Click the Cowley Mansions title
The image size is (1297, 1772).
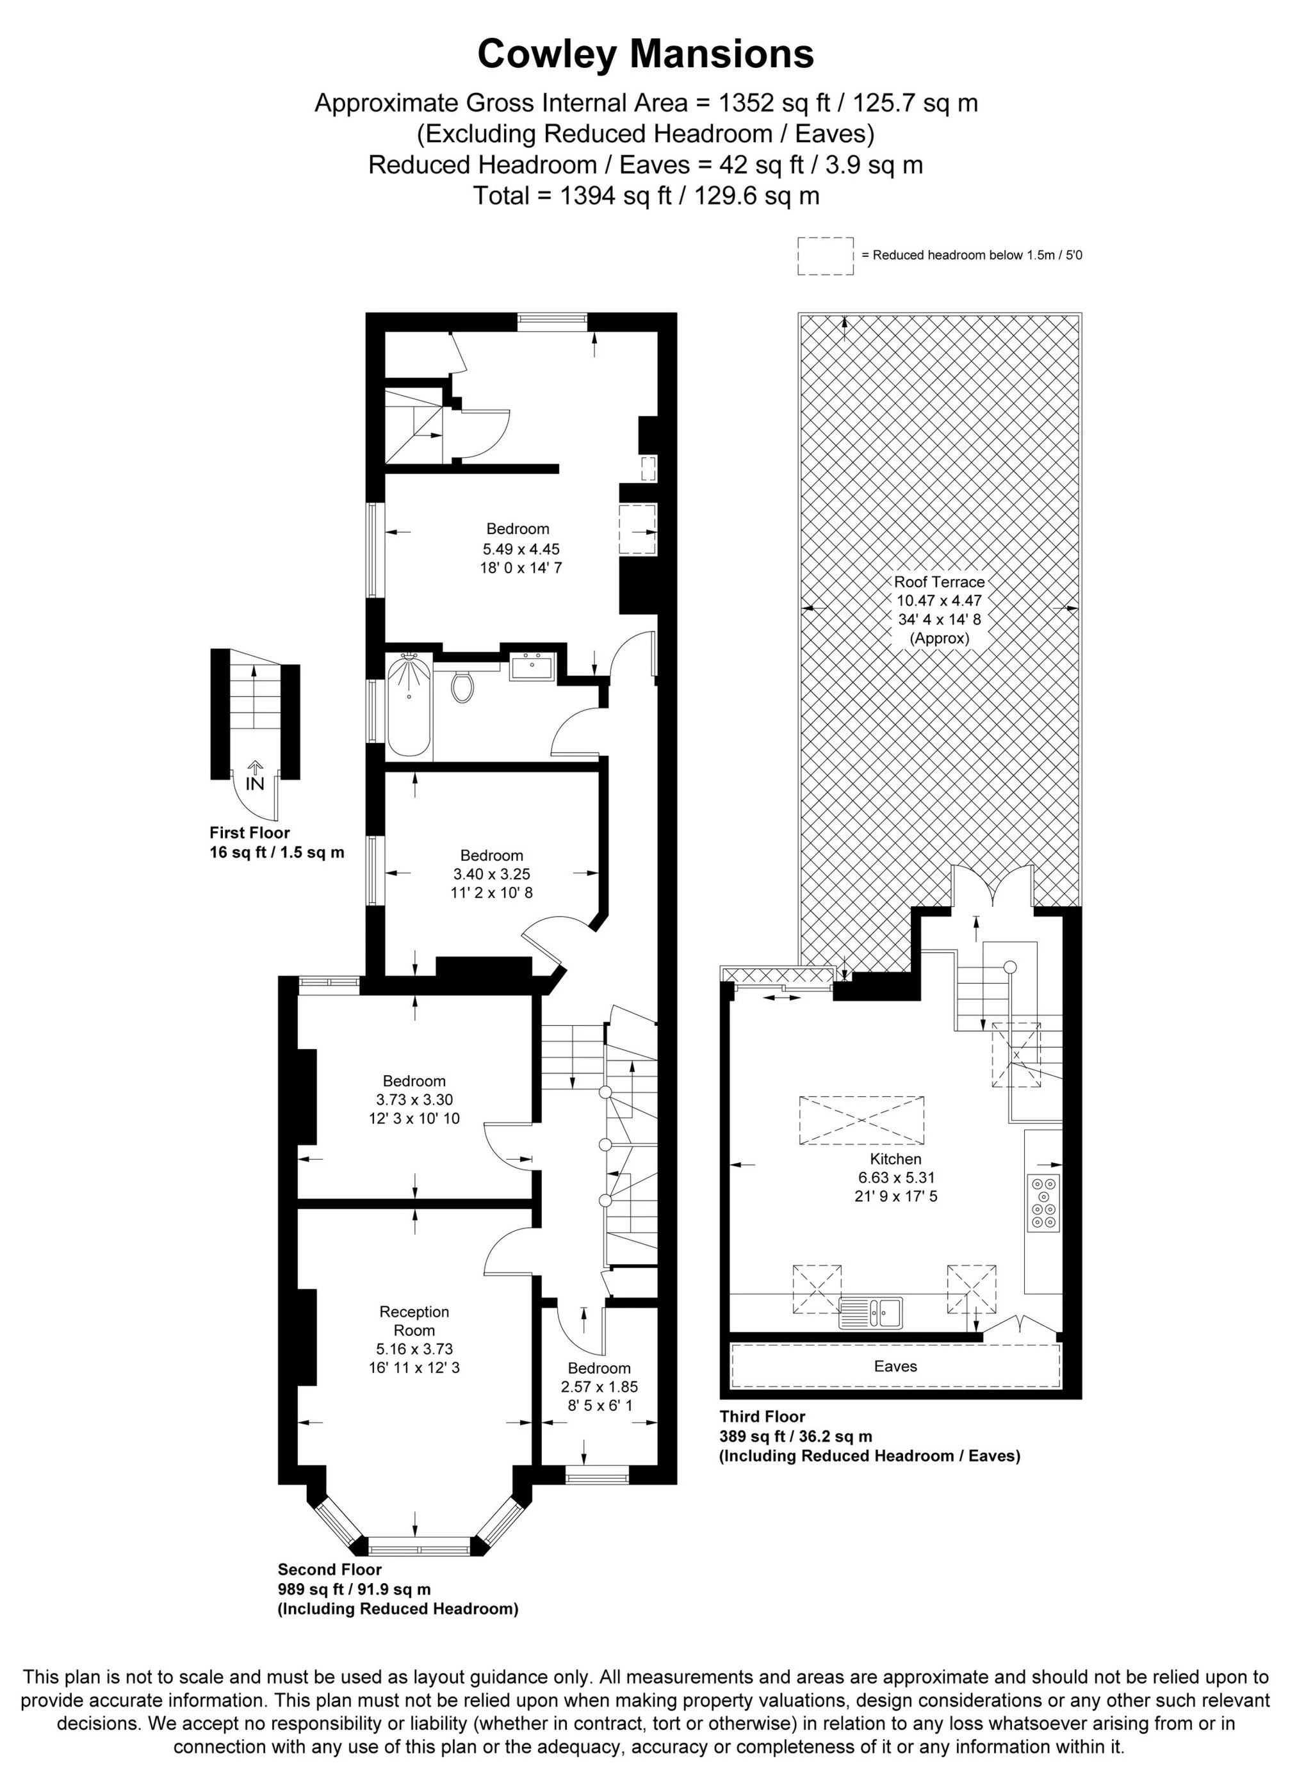(646, 55)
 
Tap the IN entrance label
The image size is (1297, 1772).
(254, 783)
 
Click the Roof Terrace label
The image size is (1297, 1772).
(939, 581)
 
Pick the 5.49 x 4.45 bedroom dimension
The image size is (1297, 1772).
(521, 549)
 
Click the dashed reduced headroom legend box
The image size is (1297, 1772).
(826, 256)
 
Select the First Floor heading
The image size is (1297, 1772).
(249, 833)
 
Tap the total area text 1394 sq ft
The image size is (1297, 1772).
(646, 195)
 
